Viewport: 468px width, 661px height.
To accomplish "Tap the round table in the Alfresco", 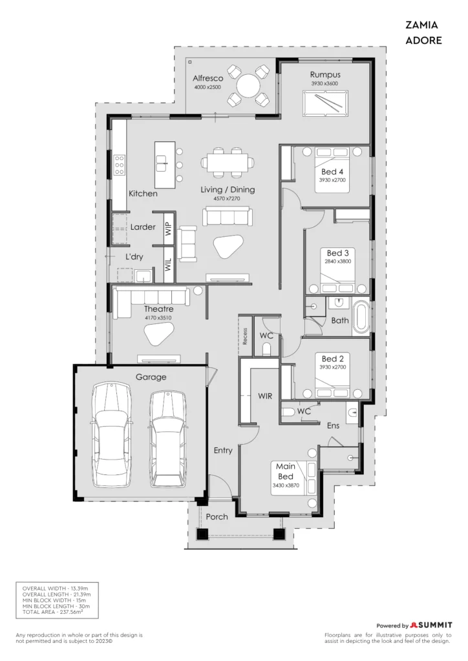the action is pyautogui.click(x=249, y=86).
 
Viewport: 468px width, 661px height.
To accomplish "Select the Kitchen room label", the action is pyautogui.click(x=143, y=194).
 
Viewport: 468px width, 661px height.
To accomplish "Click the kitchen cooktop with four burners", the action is pyautogui.click(x=120, y=165).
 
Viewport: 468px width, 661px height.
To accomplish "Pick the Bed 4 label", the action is pyautogui.click(x=332, y=172).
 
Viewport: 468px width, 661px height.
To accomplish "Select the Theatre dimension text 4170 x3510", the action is pyautogui.click(x=158, y=318).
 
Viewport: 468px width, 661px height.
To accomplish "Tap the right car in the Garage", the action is pyautogui.click(x=168, y=438).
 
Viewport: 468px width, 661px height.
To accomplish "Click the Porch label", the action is pyautogui.click(x=217, y=517).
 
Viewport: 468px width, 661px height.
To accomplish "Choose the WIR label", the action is pyautogui.click(x=265, y=396).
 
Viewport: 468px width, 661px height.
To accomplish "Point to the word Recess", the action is pyautogui.click(x=245, y=336).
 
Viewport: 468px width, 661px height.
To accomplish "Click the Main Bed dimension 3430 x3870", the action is pyautogui.click(x=286, y=485).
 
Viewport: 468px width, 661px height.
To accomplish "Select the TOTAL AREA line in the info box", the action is pyautogui.click(x=52, y=612).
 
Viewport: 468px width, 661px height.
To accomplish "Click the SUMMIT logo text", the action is pyautogui.click(x=434, y=625).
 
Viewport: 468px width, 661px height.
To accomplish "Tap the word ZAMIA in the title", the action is pyautogui.click(x=421, y=25).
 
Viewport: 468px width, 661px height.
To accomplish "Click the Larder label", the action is pyautogui.click(x=143, y=227).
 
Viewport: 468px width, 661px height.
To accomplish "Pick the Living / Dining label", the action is pyautogui.click(x=228, y=190).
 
